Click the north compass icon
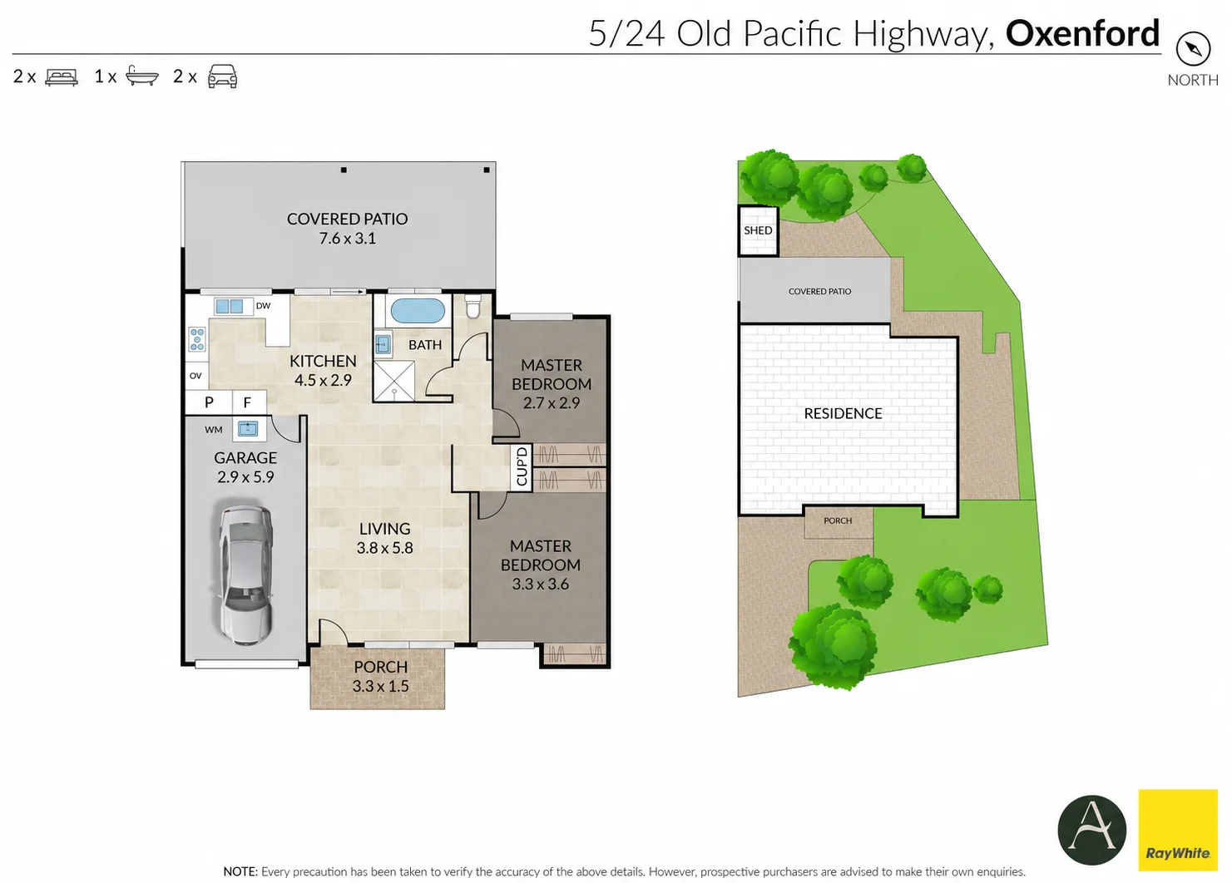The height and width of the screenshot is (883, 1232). point(1193,49)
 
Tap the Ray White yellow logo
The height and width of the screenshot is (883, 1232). point(1178,831)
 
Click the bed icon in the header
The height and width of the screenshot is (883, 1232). point(62,77)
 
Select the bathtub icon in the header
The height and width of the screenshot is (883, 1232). point(142,76)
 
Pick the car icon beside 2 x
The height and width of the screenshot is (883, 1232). point(222,76)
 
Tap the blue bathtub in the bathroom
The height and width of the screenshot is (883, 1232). point(417,311)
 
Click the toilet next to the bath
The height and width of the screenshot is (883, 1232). point(473,306)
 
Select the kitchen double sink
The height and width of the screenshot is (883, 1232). point(230,306)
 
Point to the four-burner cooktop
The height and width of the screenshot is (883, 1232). point(197,338)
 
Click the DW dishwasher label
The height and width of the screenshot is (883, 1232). point(263,306)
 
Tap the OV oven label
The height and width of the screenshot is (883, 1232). point(195,376)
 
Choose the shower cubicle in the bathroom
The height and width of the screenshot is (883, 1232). point(393,381)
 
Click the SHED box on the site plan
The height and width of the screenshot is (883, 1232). point(758,230)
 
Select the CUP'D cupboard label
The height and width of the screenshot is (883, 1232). point(522,466)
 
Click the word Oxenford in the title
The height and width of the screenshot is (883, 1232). point(1082,33)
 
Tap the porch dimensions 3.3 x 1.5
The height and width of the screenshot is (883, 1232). point(380,686)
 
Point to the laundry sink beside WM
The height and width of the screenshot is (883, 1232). point(248,428)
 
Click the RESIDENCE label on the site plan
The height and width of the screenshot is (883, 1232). point(843,413)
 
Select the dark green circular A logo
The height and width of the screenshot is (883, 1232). point(1091,831)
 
